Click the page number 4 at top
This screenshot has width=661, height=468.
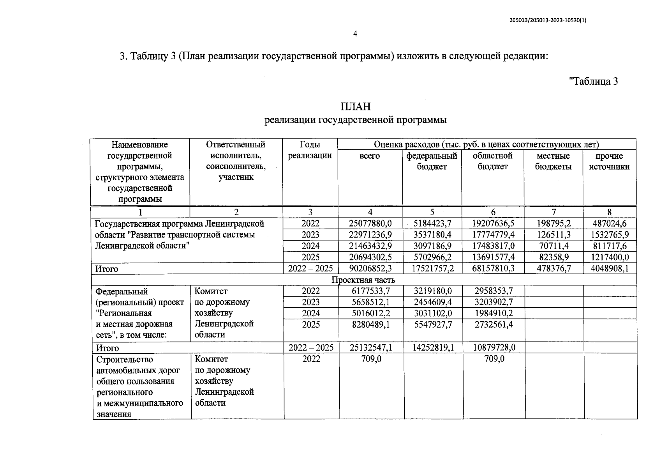(x=355, y=34)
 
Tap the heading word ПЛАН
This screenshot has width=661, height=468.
(x=355, y=106)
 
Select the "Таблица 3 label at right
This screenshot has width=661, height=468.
(x=593, y=82)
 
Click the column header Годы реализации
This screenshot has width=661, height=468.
(x=310, y=150)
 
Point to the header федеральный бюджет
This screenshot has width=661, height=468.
(x=432, y=161)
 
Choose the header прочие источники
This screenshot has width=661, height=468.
(x=609, y=161)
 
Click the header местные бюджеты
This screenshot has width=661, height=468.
(x=553, y=161)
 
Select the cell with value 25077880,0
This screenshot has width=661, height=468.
(x=370, y=223)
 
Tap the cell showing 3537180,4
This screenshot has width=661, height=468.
(x=432, y=235)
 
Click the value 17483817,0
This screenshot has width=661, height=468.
(x=493, y=246)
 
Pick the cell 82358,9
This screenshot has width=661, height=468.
(x=553, y=257)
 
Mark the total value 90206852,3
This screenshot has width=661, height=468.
(x=370, y=269)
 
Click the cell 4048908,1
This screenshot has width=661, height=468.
(x=609, y=269)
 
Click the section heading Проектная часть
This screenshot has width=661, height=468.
(x=363, y=280)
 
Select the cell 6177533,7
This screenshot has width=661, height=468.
(x=371, y=291)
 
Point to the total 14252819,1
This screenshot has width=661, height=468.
(x=433, y=347)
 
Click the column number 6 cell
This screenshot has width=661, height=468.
(x=493, y=212)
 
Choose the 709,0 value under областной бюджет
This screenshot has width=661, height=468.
(x=494, y=359)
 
